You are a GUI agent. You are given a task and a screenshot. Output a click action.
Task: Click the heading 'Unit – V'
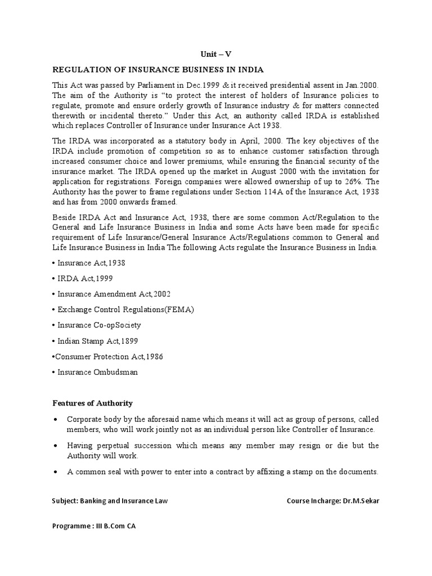(215, 54)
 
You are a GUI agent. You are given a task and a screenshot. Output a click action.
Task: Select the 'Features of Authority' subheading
(92, 403)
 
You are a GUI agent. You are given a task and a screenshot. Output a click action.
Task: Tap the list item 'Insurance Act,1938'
(91, 263)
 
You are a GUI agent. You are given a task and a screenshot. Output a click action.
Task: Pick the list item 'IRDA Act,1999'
(85, 278)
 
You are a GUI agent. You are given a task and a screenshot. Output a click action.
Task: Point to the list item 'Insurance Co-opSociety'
(100, 325)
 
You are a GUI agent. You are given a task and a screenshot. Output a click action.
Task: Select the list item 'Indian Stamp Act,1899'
(98, 341)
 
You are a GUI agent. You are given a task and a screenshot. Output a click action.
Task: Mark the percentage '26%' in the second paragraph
(356, 182)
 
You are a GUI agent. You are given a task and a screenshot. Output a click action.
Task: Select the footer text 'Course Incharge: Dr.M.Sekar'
(332, 500)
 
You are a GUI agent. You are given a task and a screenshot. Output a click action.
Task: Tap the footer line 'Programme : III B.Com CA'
(94, 527)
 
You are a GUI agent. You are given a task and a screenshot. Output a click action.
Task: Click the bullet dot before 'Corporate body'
(56, 420)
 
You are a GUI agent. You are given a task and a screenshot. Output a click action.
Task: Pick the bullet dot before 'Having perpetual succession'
(56, 445)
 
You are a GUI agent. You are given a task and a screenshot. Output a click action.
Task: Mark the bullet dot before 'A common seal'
(56, 472)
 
